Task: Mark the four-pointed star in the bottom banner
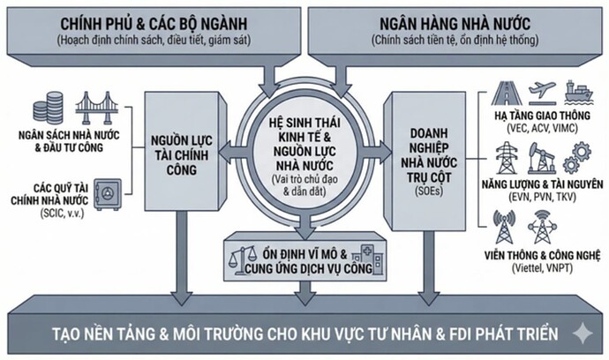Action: click(x=582, y=334)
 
